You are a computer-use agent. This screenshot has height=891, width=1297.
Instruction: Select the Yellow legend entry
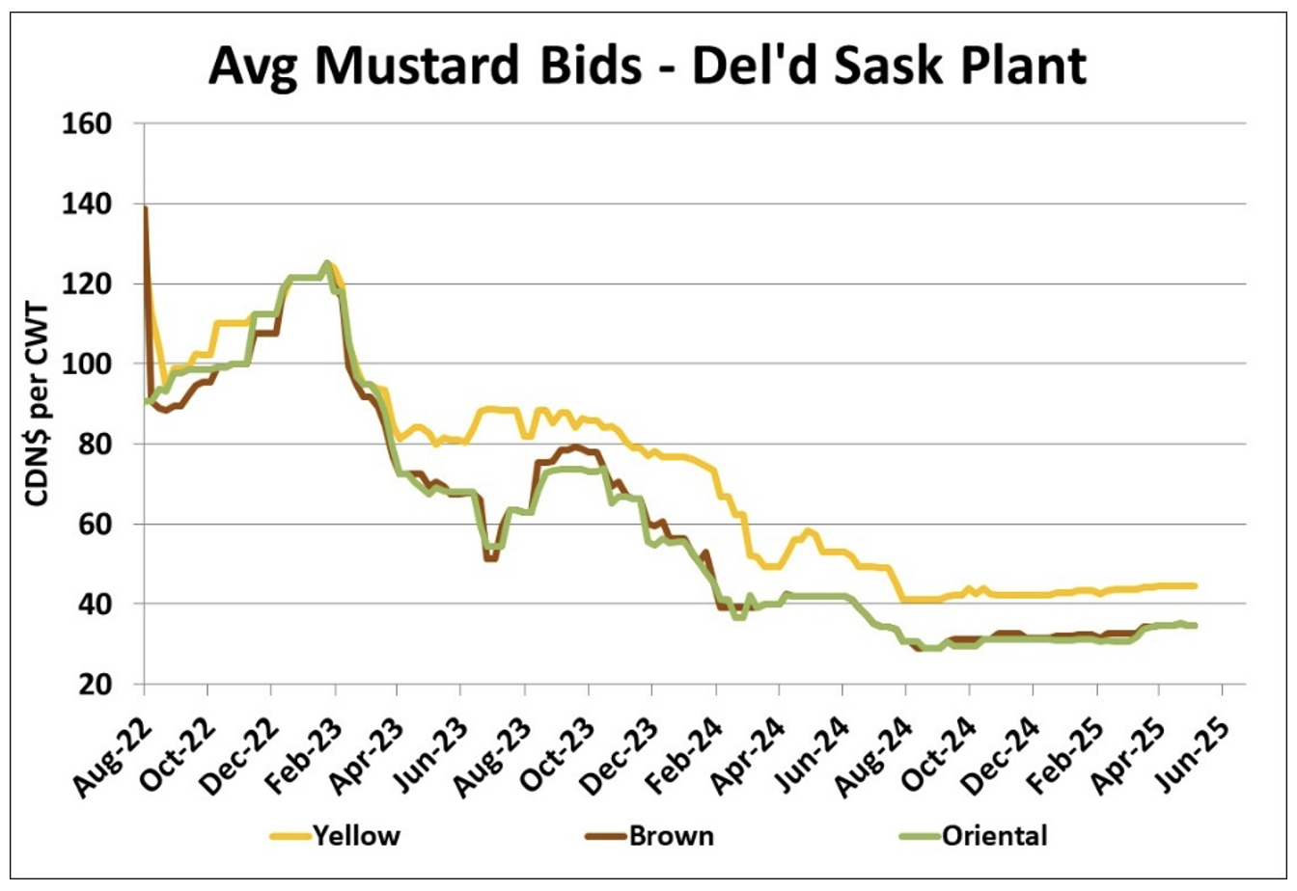(355, 835)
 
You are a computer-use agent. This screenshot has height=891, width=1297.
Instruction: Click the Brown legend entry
(672, 835)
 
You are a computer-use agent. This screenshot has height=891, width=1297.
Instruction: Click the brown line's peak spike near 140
(145, 207)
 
